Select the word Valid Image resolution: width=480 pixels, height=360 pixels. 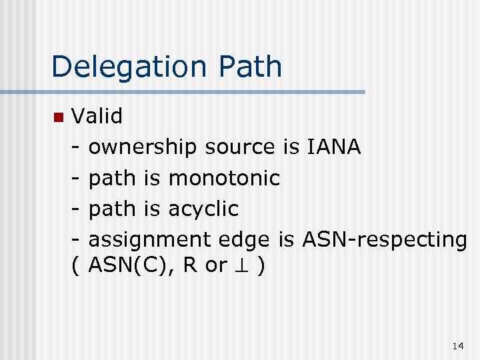tap(97, 117)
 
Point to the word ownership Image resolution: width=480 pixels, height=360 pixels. tap(143, 147)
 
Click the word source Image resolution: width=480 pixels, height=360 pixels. tap(240, 147)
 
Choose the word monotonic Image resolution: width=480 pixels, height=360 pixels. tap(224, 178)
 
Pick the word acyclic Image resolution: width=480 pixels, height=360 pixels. tap(203, 209)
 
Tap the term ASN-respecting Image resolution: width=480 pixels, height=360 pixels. tap(385, 239)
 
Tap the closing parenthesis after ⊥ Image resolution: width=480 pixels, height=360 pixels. tap(262, 265)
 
